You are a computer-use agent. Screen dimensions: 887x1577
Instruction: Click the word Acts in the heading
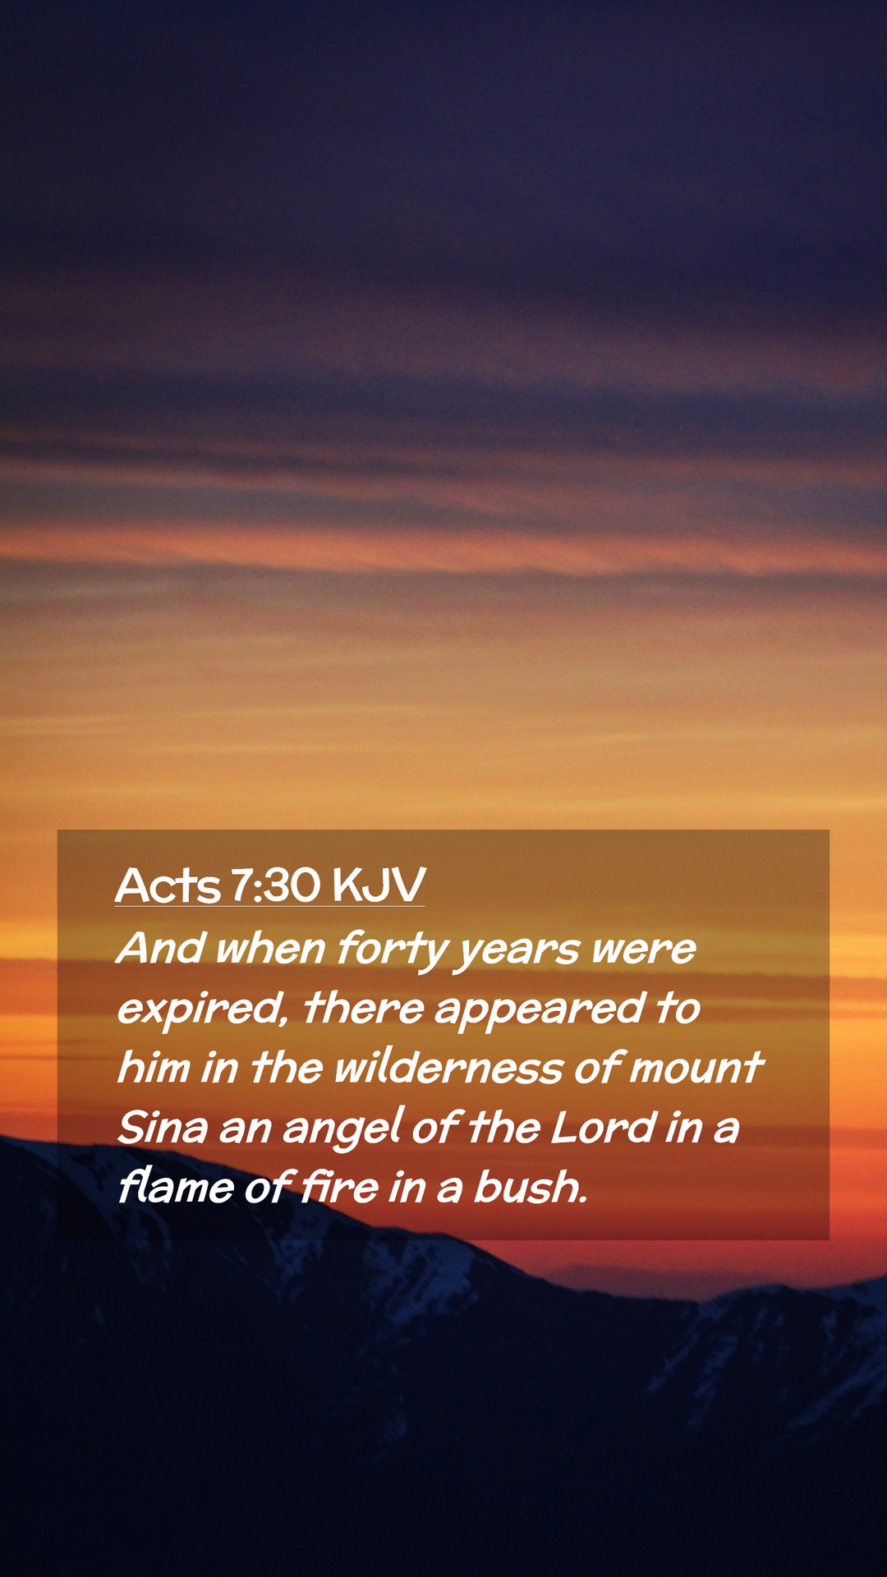168,885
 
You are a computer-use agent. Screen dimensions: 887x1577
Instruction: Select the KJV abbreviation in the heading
379,885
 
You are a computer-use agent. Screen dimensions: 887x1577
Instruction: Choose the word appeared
540,1011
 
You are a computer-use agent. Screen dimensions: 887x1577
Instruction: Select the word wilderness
448,1068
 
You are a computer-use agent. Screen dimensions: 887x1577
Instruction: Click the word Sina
163,1128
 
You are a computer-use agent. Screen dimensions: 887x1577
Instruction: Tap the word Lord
604,1128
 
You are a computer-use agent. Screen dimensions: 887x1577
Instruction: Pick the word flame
177,1187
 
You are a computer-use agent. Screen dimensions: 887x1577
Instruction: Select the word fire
339,1187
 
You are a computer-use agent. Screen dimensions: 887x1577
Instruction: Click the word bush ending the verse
531,1187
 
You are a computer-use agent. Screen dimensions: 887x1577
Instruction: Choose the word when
271,949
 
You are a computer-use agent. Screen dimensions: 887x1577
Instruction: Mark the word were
644,951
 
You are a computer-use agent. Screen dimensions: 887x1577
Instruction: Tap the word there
364,1009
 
